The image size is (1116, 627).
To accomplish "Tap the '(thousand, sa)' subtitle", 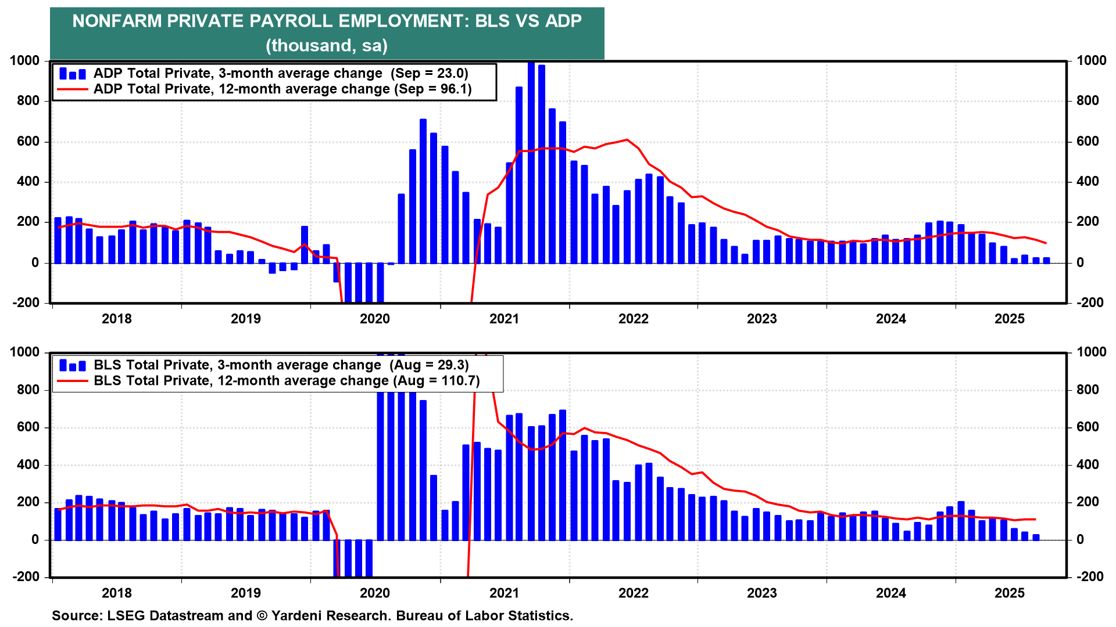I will click(327, 45).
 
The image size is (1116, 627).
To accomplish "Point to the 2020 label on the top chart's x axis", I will click(375, 319).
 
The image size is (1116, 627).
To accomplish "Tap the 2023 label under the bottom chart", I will click(762, 593).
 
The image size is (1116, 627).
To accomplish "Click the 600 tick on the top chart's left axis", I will click(28, 142).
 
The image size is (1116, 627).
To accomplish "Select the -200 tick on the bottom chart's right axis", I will click(1090, 576).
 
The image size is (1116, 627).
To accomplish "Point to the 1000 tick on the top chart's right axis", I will click(1091, 61).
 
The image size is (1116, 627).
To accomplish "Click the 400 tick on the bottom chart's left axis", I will click(28, 464).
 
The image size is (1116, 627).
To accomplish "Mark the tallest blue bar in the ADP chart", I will click(531, 163).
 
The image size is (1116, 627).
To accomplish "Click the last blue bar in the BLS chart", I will click(1036, 537).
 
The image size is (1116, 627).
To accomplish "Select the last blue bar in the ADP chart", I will click(1046, 260).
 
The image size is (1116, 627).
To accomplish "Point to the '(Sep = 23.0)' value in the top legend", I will click(430, 73).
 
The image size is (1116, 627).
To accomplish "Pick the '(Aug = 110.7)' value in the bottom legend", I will click(437, 380).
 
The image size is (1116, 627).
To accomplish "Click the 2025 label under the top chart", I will click(1010, 319).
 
